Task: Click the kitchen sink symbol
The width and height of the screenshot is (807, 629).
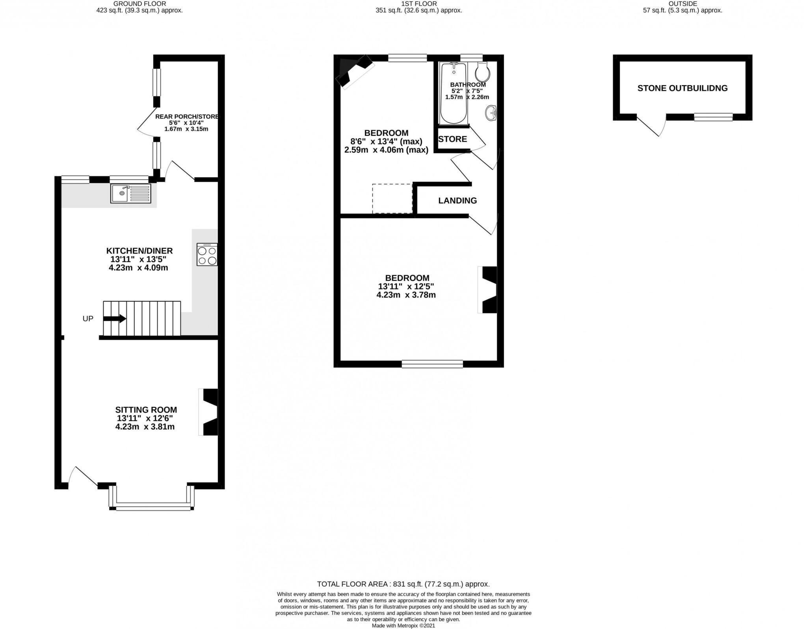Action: click(x=130, y=193)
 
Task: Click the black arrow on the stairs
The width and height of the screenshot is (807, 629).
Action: click(x=115, y=318)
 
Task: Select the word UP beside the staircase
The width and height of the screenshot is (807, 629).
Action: click(x=88, y=319)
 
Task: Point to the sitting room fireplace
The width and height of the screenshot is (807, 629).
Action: click(x=209, y=412)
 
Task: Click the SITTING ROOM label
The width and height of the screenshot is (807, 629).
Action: click(x=146, y=410)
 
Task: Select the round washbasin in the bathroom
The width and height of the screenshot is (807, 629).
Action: click(x=491, y=113)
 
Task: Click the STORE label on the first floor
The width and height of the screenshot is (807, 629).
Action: click(x=452, y=139)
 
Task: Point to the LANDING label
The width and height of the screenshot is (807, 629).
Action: click(x=457, y=200)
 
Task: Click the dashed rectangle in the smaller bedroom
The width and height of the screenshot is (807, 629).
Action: click(x=392, y=199)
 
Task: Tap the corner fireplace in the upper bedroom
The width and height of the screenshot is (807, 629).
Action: click(x=354, y=71)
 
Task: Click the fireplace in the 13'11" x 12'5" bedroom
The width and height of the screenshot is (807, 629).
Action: click(x=489, y=289)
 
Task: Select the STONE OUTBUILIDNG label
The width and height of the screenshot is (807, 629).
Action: click(x=682, y=88)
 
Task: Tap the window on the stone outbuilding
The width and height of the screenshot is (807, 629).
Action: click(x=713, y=117)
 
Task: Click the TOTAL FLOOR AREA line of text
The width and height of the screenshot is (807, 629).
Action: click(x=403, y=584)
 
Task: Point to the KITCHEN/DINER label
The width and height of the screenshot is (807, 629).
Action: click(x=139, y=251)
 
